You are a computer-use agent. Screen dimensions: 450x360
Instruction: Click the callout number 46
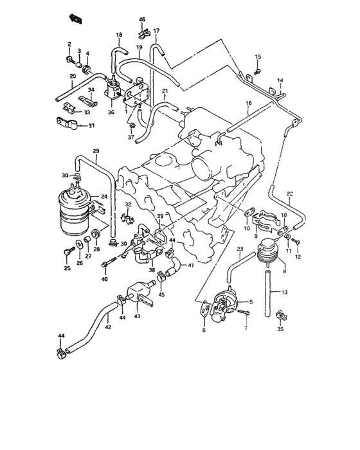point(142,20)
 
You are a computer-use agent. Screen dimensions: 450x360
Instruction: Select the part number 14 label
point(280,80)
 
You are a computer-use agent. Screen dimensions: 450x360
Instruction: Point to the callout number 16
point(248,103)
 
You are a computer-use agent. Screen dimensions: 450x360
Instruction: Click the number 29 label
point(96,151)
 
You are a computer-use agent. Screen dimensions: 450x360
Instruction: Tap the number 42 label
point(108,328)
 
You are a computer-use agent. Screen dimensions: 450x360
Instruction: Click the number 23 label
point(240,248)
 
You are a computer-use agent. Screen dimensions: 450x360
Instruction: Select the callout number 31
point(91,125)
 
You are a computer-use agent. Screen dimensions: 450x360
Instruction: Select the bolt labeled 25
point(67,246)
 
